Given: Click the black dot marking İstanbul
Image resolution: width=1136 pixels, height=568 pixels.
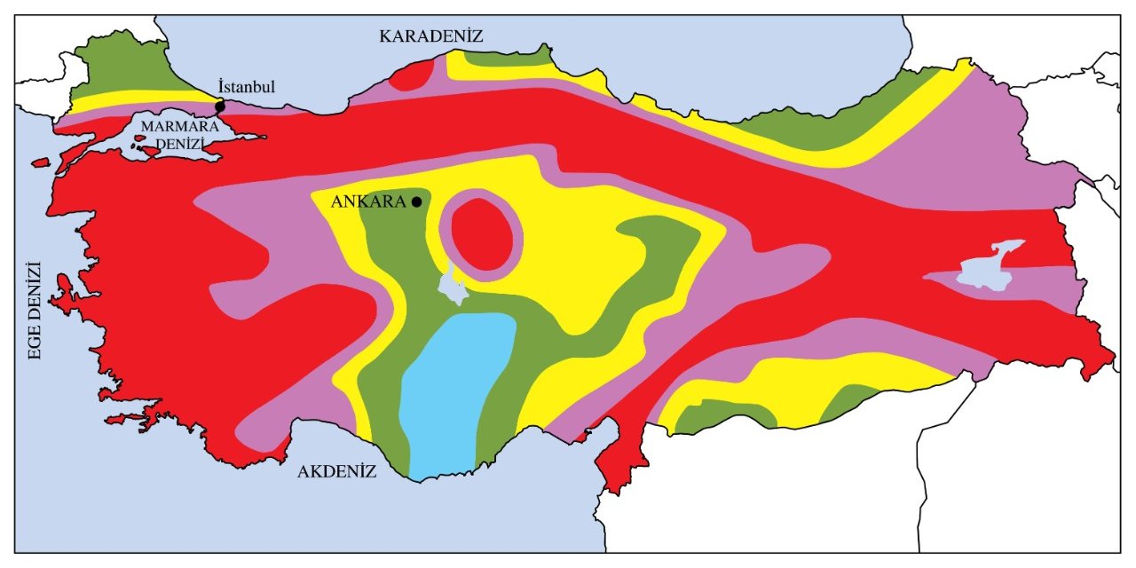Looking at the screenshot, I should tap(220, 106).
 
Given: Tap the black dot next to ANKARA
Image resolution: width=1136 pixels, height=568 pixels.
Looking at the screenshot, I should tap(416, 201).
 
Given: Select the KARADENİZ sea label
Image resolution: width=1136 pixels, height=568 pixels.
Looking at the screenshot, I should tap(430, 36).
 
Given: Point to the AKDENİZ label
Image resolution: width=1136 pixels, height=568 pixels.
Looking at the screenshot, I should tap(336, 471).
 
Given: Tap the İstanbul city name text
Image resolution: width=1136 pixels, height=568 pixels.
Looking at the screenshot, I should tap(247, 86).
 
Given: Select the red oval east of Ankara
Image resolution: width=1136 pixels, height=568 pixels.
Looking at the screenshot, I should tap(481, 233).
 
